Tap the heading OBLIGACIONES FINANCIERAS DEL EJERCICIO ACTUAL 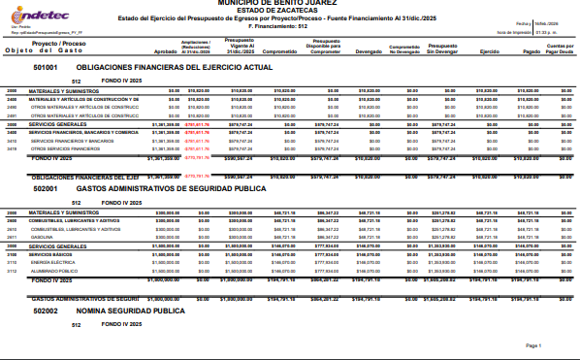tap(175, 68)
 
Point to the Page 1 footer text tap(532, 345)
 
